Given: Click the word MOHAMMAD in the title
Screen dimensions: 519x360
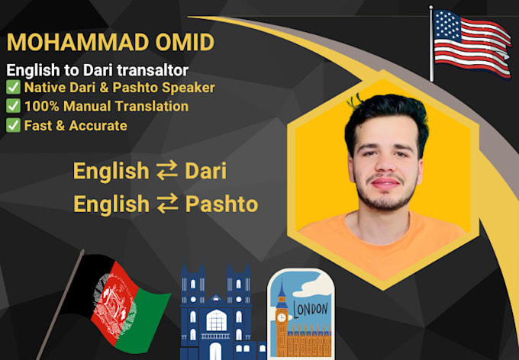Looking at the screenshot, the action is (78, 42).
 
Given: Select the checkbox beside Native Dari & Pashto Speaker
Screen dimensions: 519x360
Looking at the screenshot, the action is (13, 88).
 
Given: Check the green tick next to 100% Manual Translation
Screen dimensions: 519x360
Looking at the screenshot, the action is (13, 106).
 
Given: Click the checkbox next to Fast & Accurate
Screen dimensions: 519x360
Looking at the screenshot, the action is (13, 125).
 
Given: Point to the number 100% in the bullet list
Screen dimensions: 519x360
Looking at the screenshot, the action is (42, 106).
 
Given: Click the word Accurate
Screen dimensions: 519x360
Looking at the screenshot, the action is (98, 125).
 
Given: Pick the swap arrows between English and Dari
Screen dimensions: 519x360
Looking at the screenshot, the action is (167, 171).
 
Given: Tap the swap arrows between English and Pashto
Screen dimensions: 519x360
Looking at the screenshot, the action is (167, 204).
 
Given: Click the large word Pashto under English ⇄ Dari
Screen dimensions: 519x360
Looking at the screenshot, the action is (221, 204).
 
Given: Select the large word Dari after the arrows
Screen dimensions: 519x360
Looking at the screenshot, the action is (205, 170).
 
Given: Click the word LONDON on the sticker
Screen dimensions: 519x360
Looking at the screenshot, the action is (311, 310).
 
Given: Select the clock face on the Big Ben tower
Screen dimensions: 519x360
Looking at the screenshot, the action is (282, 317).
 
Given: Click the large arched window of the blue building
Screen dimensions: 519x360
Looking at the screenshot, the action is (217, 320).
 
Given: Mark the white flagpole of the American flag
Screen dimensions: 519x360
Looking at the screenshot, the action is (431, 43).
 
